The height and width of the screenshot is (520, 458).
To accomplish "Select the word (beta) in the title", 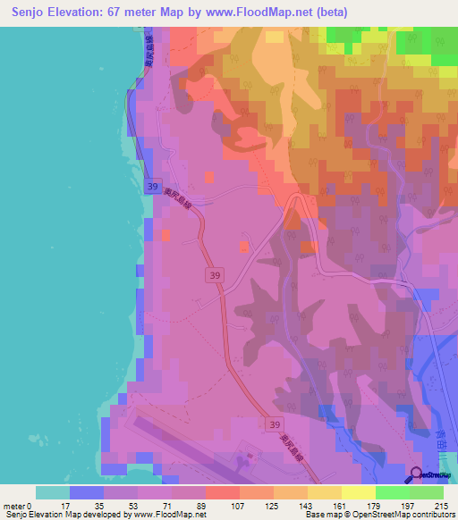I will coord(331,12).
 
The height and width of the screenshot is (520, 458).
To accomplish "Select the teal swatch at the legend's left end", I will coord(53,492).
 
